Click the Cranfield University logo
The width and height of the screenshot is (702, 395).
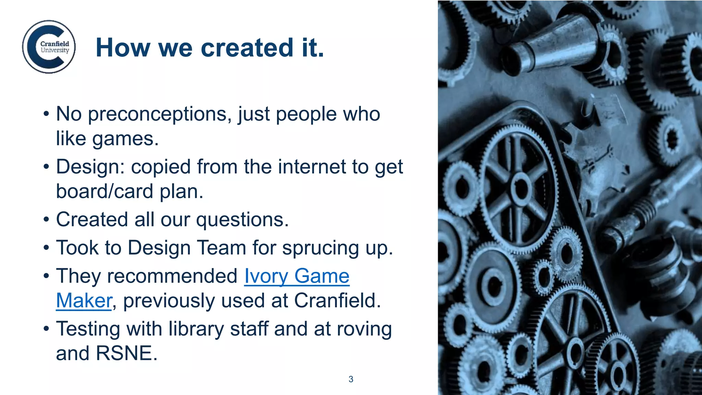coord(49,47)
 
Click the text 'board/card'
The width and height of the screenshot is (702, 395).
coord(105,191)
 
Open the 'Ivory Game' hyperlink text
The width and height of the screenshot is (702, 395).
coord(297,276)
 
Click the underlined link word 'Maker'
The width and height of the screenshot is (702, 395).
coord(84,301)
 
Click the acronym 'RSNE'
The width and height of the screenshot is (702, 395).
coord(124,354)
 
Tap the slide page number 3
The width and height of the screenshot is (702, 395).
coord(351,379)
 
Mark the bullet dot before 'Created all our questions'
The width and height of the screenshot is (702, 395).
coord(46,220)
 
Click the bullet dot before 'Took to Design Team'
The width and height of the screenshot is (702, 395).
coord(46,248)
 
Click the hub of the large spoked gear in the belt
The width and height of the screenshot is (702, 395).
coord(521,188)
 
